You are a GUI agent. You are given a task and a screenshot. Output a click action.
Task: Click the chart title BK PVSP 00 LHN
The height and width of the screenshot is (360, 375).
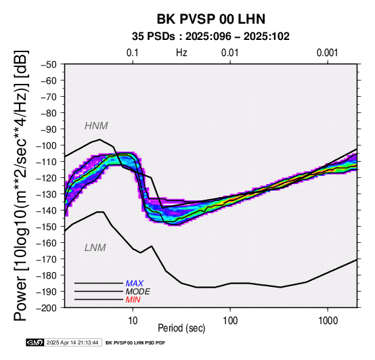[x=211, y=19]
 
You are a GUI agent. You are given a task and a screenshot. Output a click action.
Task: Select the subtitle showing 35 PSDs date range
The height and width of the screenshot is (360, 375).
[x=211, y=37]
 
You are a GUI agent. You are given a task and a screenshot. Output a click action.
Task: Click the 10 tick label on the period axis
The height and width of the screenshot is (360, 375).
[x=133, y=321]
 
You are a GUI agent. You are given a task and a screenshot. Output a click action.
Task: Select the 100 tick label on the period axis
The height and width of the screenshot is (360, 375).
[x=230, y=321]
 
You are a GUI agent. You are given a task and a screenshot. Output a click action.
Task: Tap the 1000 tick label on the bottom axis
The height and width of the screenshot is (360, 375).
[x=328, y=321]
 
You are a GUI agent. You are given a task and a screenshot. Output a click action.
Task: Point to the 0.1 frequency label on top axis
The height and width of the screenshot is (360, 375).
[x=133, y=53]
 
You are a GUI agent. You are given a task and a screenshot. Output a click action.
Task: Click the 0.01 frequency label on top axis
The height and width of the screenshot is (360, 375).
[x=230, y=53]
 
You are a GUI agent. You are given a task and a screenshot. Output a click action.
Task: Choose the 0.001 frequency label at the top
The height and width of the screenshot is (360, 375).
[x=328, y=53]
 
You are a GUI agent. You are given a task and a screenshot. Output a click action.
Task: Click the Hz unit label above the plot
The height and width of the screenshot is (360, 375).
[x=181, y=53]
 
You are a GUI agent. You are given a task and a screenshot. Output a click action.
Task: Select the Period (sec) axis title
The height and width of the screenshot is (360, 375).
[x=181, y=328]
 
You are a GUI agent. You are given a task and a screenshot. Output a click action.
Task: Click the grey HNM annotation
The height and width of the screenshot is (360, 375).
[x=96, y=126]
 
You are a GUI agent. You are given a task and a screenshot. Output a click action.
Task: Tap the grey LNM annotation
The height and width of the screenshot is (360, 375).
[x=95, y=248]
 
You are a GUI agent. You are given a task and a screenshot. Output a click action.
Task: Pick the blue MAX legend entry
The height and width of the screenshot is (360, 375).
[x=135, y=284]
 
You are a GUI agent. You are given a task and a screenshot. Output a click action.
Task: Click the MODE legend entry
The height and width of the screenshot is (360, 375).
[x=138, y=292]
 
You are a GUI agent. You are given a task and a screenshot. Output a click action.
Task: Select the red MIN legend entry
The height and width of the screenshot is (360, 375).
[x=133, y=300]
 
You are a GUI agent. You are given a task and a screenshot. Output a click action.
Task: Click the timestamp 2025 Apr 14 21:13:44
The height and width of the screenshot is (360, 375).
[x=72, y=343]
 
